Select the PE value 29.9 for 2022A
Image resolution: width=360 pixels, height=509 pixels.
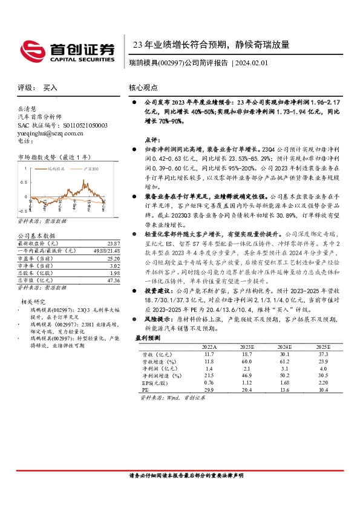point(208,391)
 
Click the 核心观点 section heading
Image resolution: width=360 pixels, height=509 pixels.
point(143,88)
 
